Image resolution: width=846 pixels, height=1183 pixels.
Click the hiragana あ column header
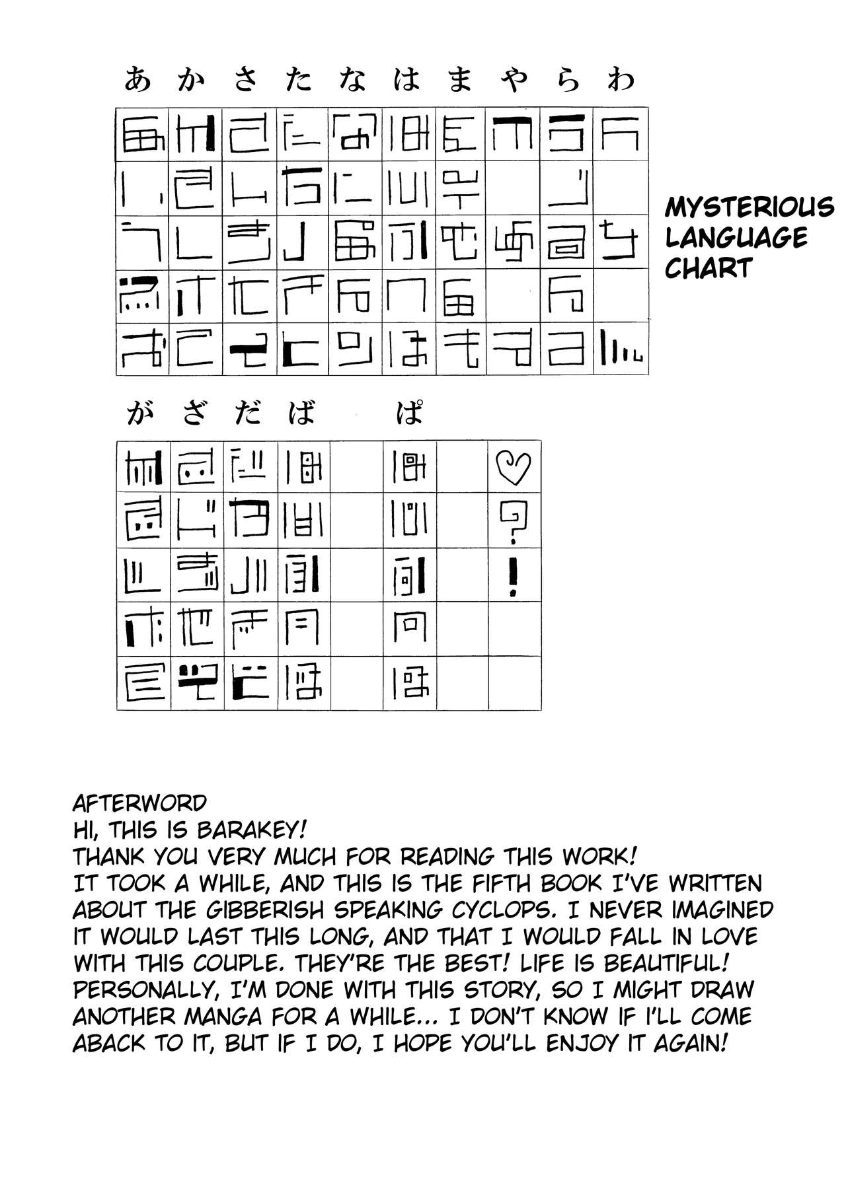pos(137,81)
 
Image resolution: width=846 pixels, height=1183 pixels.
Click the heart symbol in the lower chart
pos(514,467)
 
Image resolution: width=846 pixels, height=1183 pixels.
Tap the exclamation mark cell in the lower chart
pos(514,575)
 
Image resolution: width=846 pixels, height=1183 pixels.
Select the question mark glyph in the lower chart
pos(514,520)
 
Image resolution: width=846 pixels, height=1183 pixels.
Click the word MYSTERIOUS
pos(749,207)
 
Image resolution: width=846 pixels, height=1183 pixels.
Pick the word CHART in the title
pos(709,268)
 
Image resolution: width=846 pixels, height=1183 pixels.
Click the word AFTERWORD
pos(139,803)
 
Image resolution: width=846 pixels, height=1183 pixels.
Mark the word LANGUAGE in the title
pos(736,238)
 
